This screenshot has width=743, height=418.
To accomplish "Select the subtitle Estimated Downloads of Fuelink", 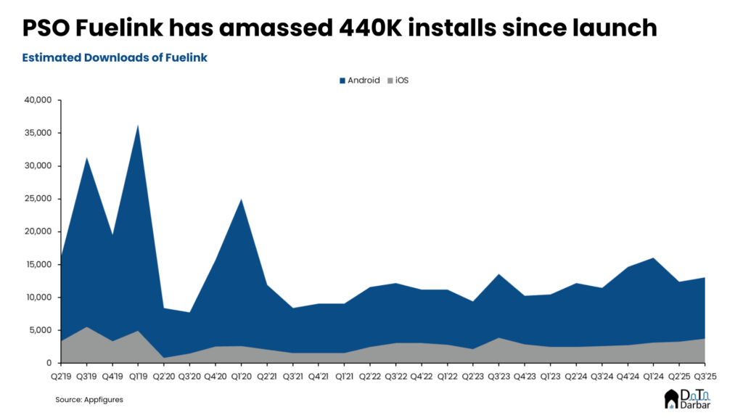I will click(x=115, y=57).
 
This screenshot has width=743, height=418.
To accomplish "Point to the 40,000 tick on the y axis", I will click(x=37, y=100).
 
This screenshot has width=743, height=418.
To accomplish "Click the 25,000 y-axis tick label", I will click(x=37, y=199).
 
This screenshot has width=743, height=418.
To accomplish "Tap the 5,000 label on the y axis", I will click(x=39, y=330).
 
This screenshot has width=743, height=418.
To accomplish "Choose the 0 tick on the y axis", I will click(x=48, y=363).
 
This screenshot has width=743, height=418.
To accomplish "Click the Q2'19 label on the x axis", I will click(x=61, y=377).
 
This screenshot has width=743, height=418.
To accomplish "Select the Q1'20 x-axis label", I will click(x=241, y=377).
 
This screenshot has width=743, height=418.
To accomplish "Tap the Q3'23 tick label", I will click(x=498, y=377).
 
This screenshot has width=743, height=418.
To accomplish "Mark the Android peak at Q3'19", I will click(x=86, y=157).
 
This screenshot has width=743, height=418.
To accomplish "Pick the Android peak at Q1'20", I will click(x=241, y=199).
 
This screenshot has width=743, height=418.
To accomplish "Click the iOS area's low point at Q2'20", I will click(x=164, y=357).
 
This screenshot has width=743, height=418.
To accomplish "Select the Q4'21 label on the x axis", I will click(x=318, y=377).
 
